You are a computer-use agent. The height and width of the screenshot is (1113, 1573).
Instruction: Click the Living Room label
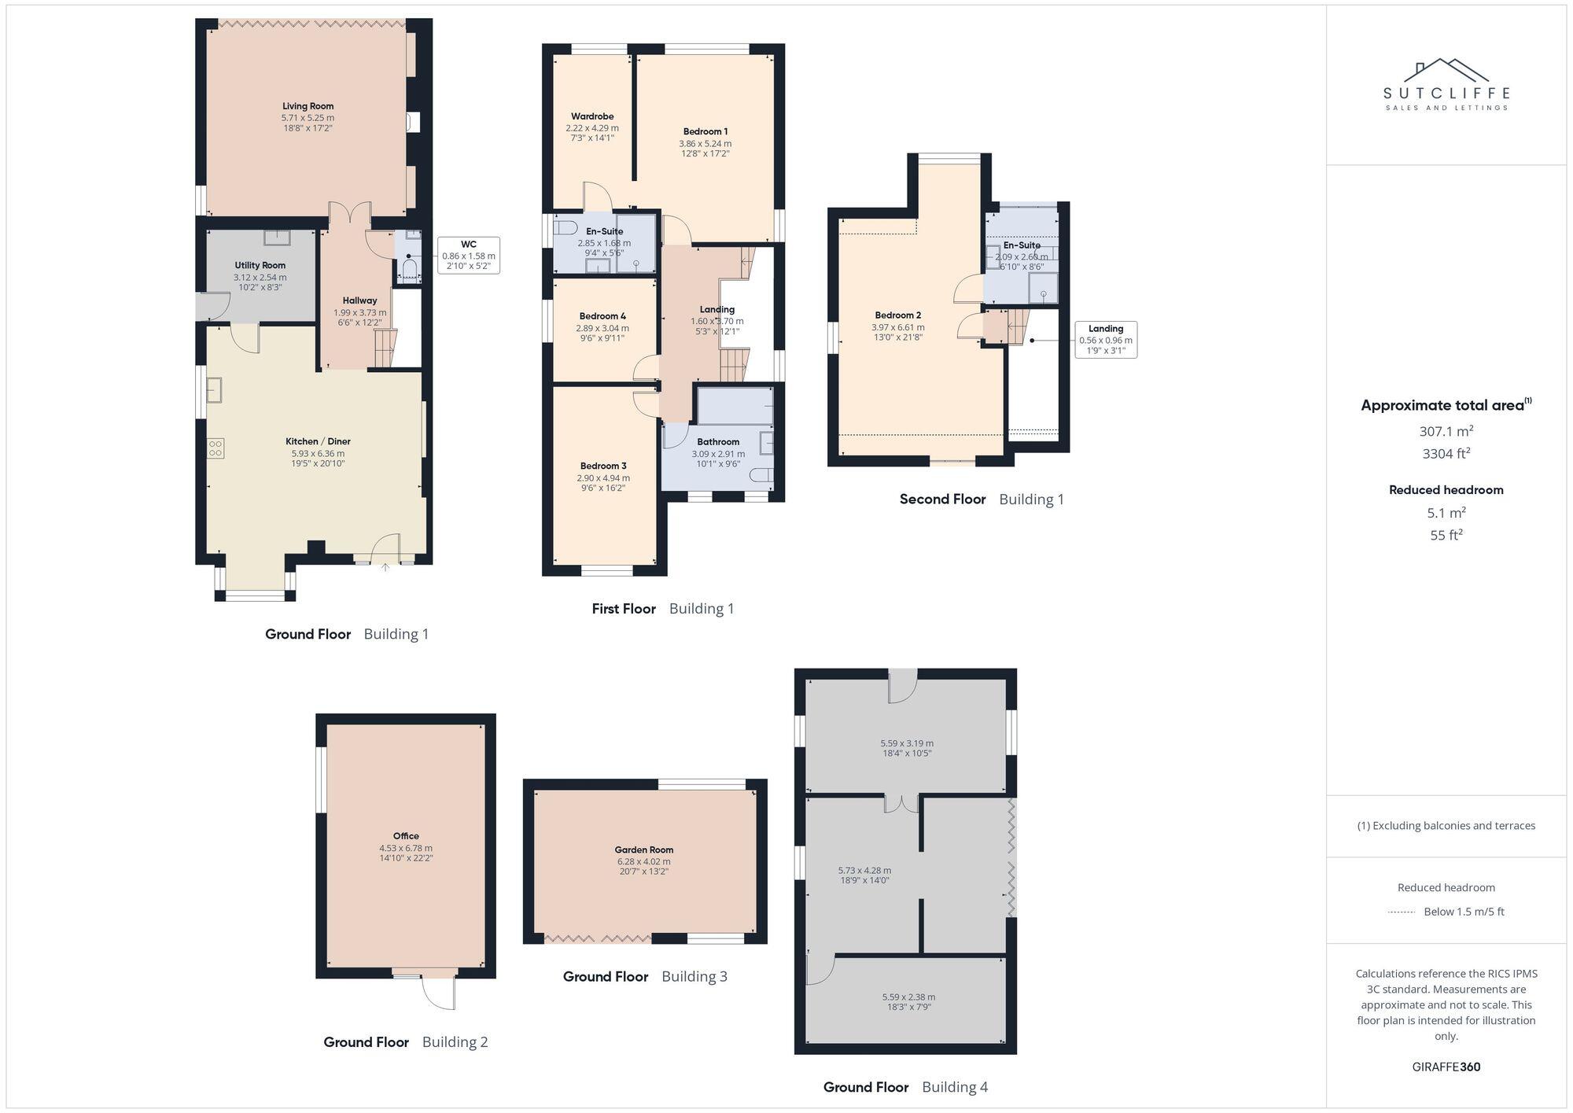[308, 106]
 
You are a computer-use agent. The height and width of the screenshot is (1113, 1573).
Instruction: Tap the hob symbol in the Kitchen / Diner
[216, 448]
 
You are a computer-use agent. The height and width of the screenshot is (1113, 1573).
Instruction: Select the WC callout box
[468, 256]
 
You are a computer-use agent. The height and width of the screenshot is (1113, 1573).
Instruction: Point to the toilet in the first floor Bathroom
[762, 475]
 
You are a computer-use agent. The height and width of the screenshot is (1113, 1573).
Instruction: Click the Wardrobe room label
[591, 116]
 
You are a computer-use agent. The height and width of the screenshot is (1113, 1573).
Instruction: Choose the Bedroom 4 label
[602, 316]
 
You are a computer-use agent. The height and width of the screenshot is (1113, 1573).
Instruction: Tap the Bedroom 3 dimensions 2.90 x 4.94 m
[603, 477]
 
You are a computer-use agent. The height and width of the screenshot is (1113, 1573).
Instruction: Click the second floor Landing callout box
[1105, 340]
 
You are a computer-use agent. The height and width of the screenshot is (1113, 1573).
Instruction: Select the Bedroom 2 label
[897, 315]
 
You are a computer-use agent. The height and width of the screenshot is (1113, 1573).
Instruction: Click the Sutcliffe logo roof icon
[1446, 72]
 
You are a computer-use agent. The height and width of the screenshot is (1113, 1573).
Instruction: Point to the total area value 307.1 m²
[1446, 431]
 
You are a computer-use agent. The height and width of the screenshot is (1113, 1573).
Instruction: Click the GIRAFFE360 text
[1446, 1067]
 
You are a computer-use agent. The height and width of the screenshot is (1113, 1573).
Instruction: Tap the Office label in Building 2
[406, 836]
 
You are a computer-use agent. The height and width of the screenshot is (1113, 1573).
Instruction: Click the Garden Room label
[643, 849]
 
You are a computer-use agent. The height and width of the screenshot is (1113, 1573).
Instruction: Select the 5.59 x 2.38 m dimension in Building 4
[908, 997]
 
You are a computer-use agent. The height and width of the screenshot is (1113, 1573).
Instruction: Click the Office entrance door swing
[439, 993]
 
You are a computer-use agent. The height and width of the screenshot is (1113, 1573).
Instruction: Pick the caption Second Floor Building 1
[981, 499]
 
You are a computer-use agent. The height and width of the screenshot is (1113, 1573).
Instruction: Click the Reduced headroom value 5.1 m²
[1446, 513]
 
